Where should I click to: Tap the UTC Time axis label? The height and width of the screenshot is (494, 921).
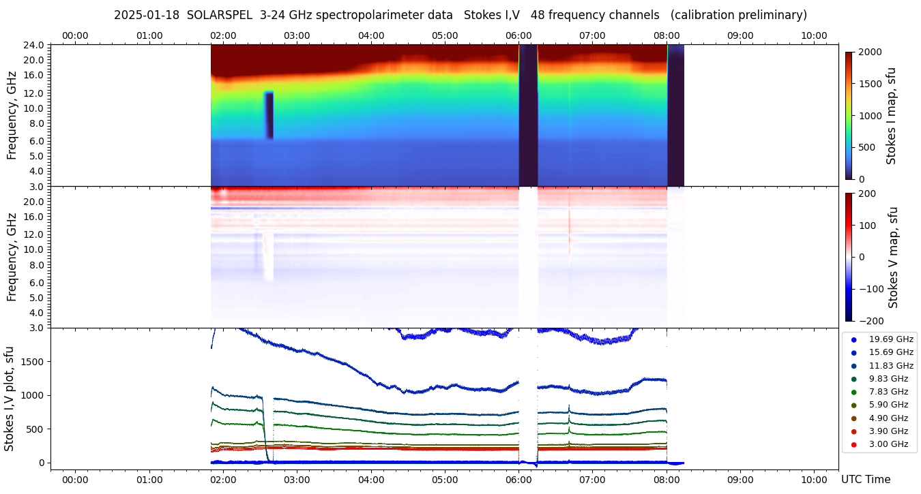[x=865, y=480]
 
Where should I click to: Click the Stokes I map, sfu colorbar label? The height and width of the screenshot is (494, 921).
[x=891, y=116]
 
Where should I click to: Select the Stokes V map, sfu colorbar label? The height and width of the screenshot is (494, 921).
[x=893, y=258]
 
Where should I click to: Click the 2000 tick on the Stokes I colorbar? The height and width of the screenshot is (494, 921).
[x=870, y=52]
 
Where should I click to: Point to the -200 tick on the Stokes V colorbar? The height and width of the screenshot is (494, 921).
[x=870, y=321]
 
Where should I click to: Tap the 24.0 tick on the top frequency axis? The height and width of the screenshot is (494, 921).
[x=35, y=45]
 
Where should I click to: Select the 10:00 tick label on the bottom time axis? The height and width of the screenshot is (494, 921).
[x=814, y=480]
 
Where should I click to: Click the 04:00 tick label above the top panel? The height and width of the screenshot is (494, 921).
[x=370, y=35]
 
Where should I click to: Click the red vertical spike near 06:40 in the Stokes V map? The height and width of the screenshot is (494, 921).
[x=569, y=228]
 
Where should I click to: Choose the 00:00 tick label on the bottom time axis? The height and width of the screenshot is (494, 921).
[x=75, y=480]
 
